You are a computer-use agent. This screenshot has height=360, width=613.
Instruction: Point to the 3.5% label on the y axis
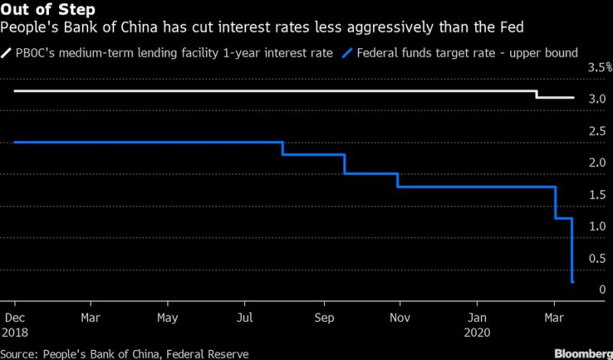599,67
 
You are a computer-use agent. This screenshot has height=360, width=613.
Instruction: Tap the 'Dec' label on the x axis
15,316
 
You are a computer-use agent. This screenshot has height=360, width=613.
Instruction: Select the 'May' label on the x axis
167,316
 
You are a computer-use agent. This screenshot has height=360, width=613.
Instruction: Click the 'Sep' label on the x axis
324,316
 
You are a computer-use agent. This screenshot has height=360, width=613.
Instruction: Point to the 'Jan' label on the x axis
477,316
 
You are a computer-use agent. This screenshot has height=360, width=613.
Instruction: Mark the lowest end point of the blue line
573,283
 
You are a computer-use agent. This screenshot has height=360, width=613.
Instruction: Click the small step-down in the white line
536,95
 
